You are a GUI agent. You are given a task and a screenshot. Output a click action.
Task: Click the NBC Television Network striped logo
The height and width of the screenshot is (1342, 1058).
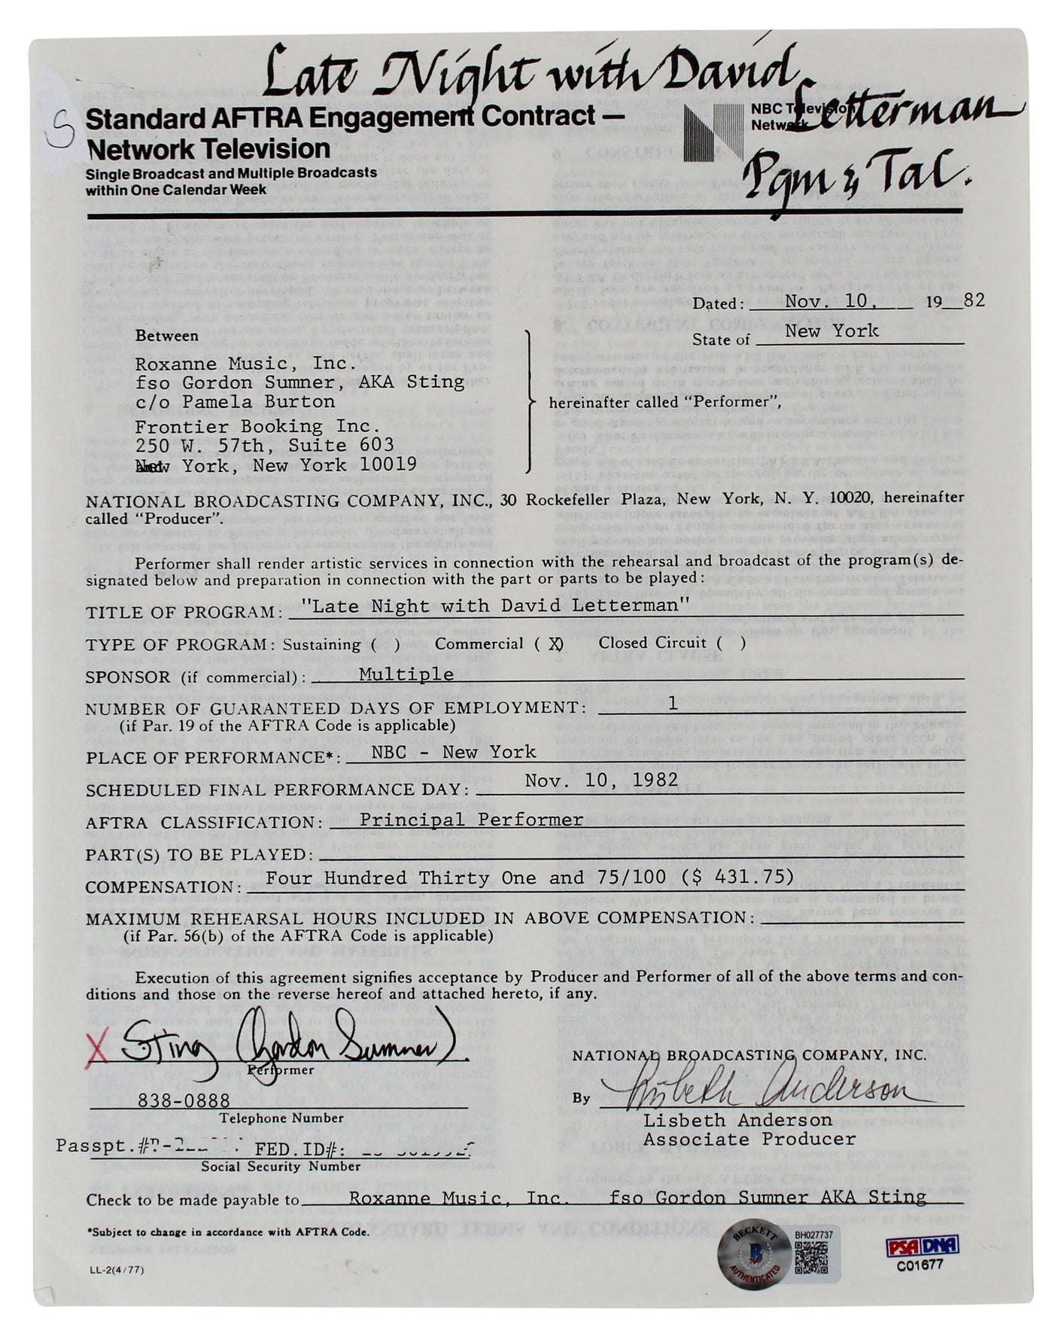(x=713, y=132)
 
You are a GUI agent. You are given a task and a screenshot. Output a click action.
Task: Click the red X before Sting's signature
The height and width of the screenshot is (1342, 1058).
(x=96, y=1047)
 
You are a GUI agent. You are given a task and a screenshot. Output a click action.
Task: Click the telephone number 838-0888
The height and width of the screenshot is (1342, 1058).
(x=173, y=1100)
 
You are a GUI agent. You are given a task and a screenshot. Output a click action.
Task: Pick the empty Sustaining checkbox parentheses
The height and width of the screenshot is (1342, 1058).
(x=385, y=644)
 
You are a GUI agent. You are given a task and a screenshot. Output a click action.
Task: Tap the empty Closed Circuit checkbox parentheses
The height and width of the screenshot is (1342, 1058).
(x=731, y=643)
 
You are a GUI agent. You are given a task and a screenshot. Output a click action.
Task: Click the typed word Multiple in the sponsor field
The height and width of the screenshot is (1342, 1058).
(x=406, y=674)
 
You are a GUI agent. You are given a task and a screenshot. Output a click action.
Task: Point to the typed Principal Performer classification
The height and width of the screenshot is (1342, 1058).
(x=471, y=820)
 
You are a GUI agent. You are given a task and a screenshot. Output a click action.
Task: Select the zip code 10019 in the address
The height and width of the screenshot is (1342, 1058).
(x=387, y=464)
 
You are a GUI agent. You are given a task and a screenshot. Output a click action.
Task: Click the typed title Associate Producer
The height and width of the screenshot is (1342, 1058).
(x=749, y=1139)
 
